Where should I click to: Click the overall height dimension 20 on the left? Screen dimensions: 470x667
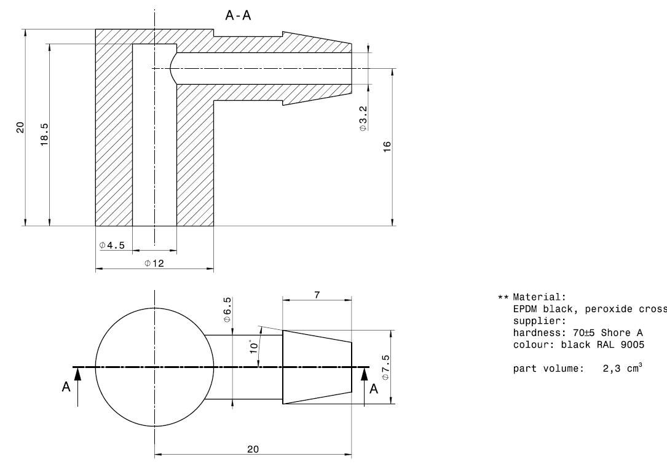[x=20, y=127]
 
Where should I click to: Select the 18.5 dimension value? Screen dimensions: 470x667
[x=44, y=134]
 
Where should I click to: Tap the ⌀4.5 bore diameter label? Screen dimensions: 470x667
[x=112, y=245]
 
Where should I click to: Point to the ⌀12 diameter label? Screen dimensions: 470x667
[x=154, y=263]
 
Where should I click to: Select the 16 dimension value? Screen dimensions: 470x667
[x=387, y=146]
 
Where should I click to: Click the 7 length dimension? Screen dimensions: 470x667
[x=317, y=295]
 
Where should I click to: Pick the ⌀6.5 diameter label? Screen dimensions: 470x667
[x=227, y=310]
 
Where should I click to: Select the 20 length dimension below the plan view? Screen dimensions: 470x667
[x=253, y=449]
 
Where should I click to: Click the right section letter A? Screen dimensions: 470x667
[x=373, y=389]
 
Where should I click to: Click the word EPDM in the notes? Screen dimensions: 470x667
[x=524, y=308]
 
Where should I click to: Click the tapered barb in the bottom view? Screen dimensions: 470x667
[x=317, y=367]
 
